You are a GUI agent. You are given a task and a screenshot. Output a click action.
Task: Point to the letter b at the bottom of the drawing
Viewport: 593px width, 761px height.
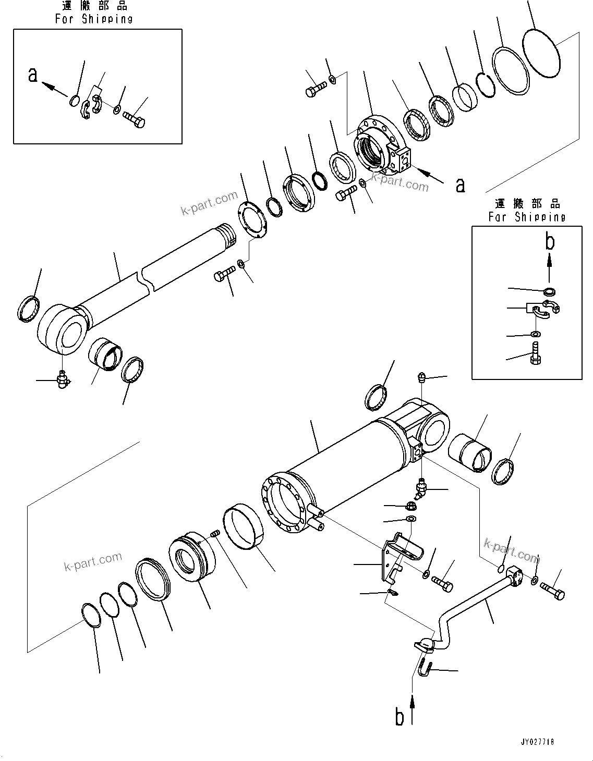click(x=400, y=717)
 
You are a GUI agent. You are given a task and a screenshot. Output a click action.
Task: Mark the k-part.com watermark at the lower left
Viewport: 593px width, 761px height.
click(x=93, y=561)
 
